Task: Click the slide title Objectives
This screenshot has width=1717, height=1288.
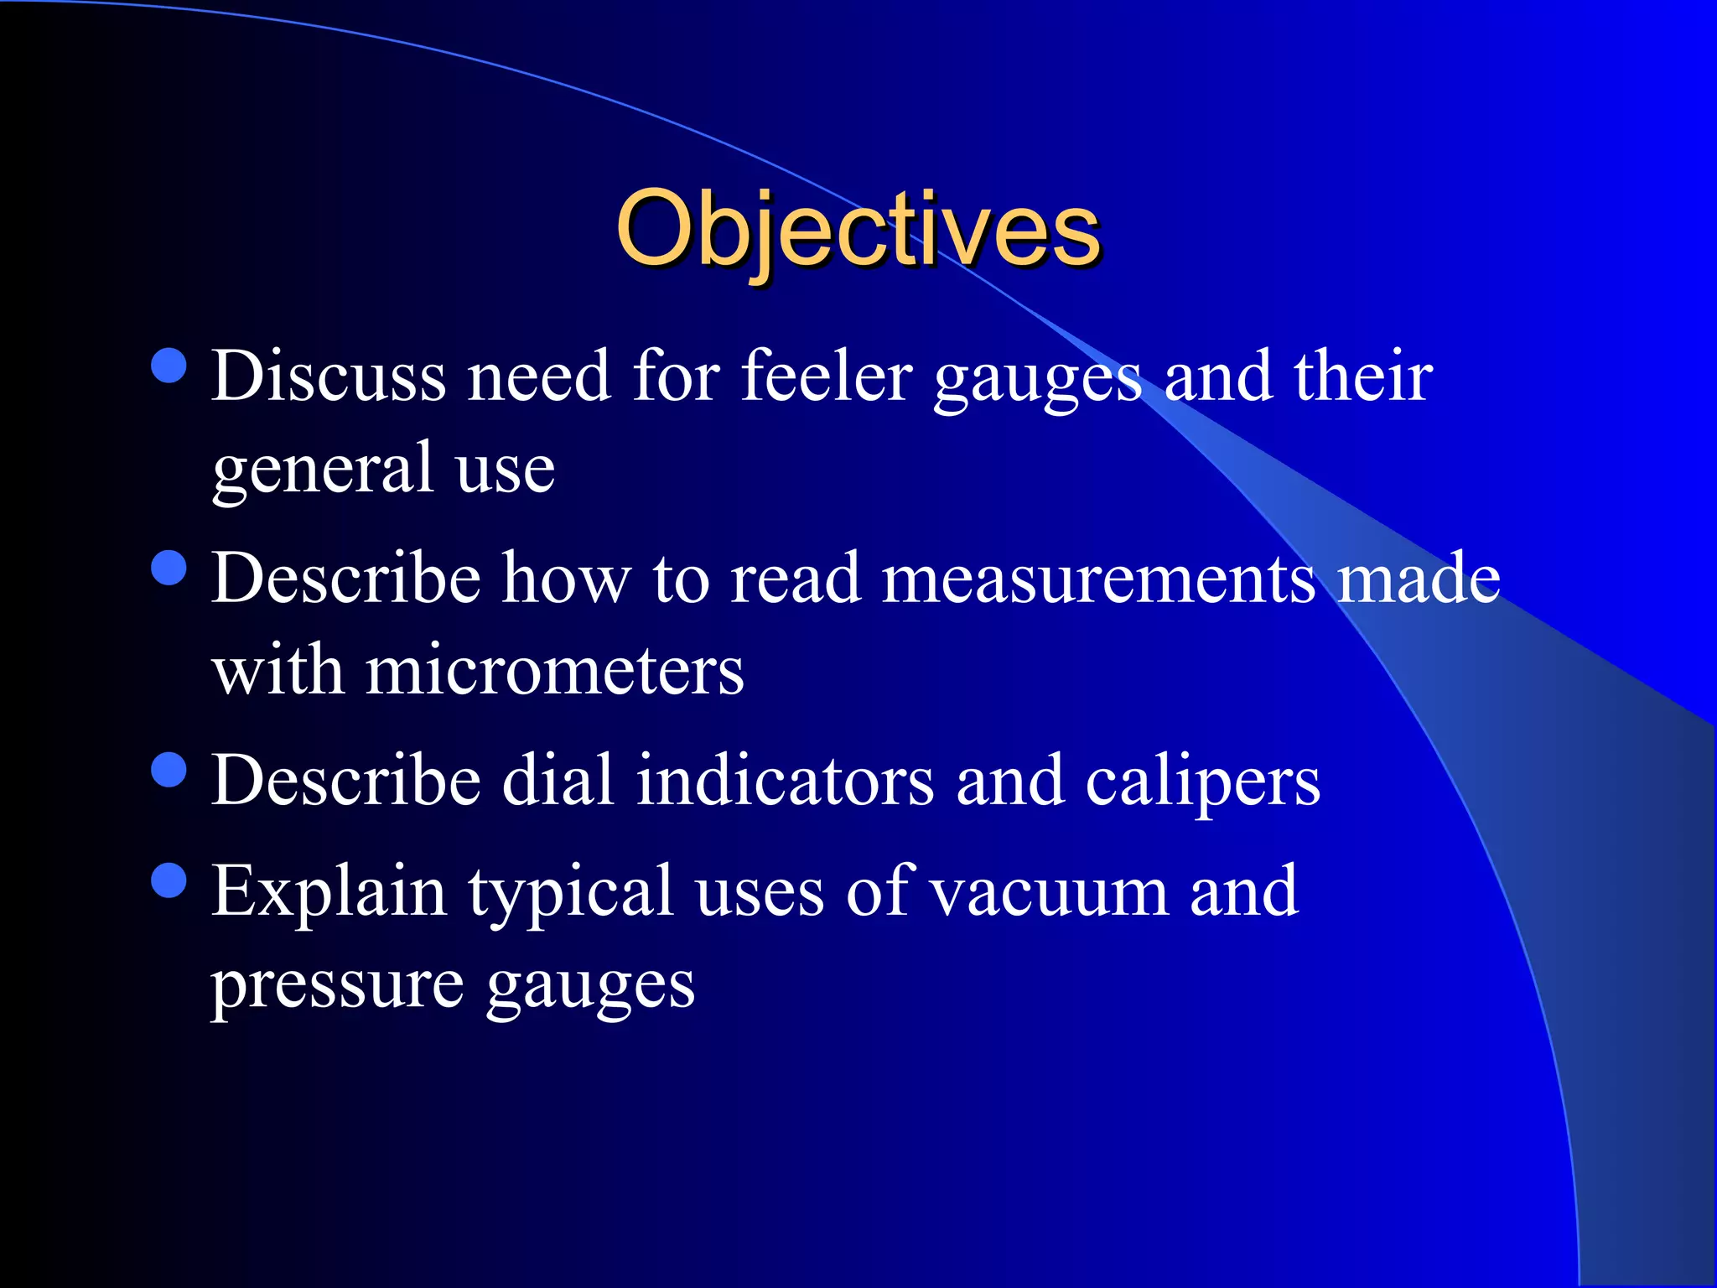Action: [857, 228]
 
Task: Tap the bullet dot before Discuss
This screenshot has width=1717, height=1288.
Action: [169, 366]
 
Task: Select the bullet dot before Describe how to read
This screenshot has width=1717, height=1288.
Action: [169, 568]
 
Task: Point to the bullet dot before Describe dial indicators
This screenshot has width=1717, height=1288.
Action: [169, 769]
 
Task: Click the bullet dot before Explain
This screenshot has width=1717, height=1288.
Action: [169, 880]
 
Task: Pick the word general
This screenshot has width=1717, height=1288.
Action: [323, 470]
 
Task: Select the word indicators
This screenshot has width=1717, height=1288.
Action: [785, 781]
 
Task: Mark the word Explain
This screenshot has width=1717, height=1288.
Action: [329, 892]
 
